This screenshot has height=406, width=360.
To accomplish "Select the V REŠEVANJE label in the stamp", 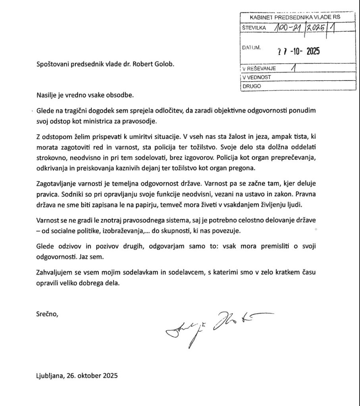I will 259,68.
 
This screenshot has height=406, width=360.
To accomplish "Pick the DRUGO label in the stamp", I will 250,85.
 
